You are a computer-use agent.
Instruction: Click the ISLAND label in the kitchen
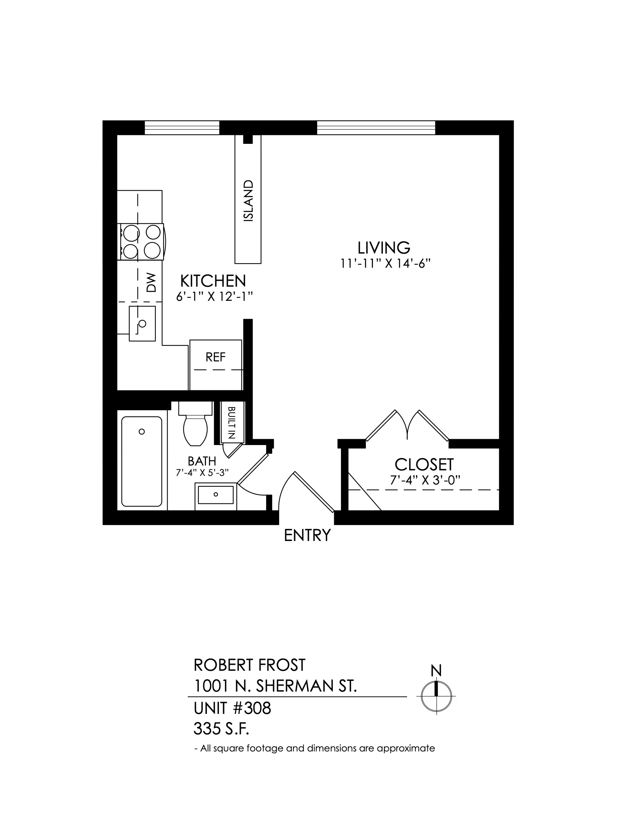click(248, 201)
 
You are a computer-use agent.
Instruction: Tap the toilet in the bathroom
click(196, 423)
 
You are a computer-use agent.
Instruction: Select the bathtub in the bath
click(142, 461)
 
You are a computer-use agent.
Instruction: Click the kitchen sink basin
click(142, 323)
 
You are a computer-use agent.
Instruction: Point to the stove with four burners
click(141, 242)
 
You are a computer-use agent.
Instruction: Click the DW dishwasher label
click(151, 283)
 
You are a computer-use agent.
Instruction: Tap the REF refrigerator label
click(216, 357)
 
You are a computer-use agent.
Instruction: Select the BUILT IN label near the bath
click(231, 422)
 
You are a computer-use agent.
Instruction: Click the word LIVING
click(384, 248)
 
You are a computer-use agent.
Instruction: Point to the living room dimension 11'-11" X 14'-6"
click(385, 264)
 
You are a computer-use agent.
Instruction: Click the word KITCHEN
click(213, 281)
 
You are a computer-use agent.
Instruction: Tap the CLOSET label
click(424, 465)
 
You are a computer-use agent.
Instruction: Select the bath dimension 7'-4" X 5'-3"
click(202, 473)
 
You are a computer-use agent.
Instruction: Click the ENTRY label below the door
click(307, 535)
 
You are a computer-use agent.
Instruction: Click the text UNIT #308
click(232, 708)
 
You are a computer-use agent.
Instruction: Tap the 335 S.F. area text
click(221, 729)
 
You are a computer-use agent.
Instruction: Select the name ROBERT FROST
click(249, 665)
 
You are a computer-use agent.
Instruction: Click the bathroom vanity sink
click(216, 497)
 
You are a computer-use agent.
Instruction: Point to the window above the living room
click(376, 127)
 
